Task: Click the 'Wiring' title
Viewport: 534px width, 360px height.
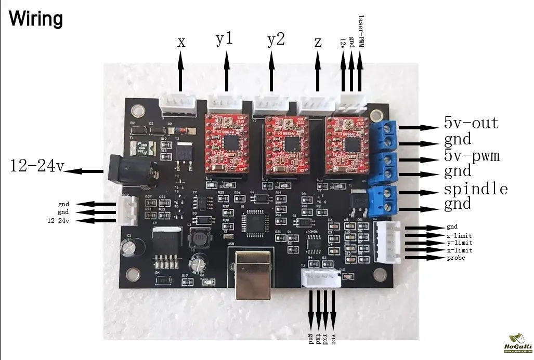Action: click(x=36, y=19)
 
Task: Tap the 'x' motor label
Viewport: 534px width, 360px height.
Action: click(x=181, y=42)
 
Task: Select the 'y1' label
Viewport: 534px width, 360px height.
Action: click(x=224, y=39)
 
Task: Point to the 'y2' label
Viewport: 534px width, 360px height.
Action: click(x=276, y=39)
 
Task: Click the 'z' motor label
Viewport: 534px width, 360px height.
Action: click(x=318, y=42)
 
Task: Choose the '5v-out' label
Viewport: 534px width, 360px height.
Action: click(x=471, y=123)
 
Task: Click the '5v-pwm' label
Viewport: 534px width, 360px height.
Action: click(x=471, y=155)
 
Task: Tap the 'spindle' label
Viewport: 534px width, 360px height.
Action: click(x=475, y=188)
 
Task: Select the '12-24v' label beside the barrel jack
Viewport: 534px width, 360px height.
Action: click(x=36, y=166)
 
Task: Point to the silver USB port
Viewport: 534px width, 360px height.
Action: click(x=253, y=274)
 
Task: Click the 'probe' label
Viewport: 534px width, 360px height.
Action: click(x=455, y=258)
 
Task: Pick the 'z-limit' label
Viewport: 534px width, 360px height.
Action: click(x=459, y=235)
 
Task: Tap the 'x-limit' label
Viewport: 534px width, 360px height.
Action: click(x=459, y=250)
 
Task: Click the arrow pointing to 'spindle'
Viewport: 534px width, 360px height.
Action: click(x=419, y=193)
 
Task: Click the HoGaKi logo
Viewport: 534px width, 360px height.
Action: click(x=517, y=343)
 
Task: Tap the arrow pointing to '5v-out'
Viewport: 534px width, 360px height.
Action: click(x=419, y=127)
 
